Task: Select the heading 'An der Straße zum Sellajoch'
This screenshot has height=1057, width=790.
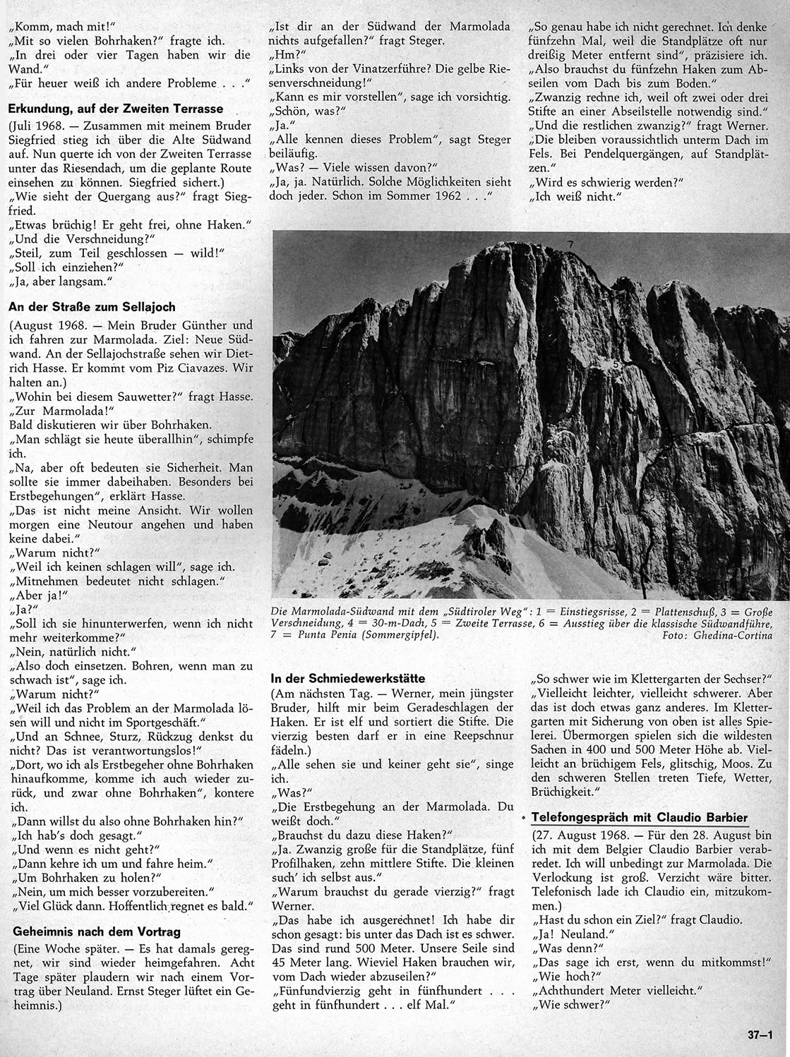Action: click(91, 307)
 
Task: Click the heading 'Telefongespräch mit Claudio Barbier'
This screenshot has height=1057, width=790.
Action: click(639, 817)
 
